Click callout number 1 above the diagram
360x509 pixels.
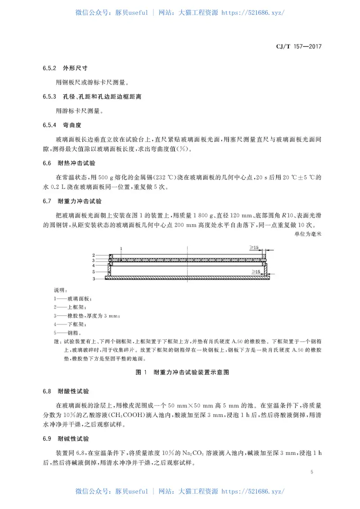click(121, 248)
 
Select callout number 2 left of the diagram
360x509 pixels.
click(94, 255)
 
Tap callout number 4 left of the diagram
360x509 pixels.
click(94, 266)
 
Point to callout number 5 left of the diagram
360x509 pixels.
click(94, 272)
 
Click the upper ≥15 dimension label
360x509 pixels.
click(254, 248)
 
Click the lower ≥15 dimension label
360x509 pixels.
click(257, 272)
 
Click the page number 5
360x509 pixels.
click(311, 472)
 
